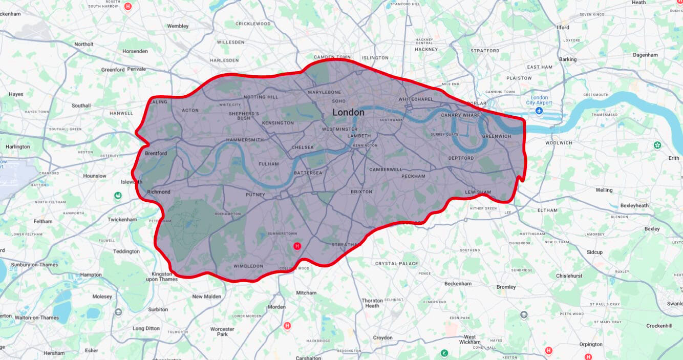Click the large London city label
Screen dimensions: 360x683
(348, 112)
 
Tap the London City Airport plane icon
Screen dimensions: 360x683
(539, 111)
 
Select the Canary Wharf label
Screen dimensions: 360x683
(460, 115)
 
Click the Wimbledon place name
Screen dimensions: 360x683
(248, 266)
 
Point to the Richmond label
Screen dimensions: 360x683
(158, 192)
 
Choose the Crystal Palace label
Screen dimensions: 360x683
(397, 264)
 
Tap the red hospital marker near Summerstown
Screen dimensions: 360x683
(296, 246)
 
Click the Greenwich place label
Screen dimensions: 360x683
(496, 136)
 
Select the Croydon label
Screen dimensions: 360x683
(382, 337)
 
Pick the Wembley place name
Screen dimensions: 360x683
(178, 26)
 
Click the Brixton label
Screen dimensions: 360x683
(361, 192)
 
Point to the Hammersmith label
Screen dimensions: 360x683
(245, 140)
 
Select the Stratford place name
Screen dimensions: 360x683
(485, 51)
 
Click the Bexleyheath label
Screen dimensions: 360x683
(634, 205)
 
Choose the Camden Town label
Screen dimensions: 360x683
(332, 57)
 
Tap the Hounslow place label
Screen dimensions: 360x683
(95, 176)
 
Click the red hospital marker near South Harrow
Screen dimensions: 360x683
(128, 7)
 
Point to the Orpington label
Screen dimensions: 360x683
(591, 345)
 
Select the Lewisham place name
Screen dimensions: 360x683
(478, 193)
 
